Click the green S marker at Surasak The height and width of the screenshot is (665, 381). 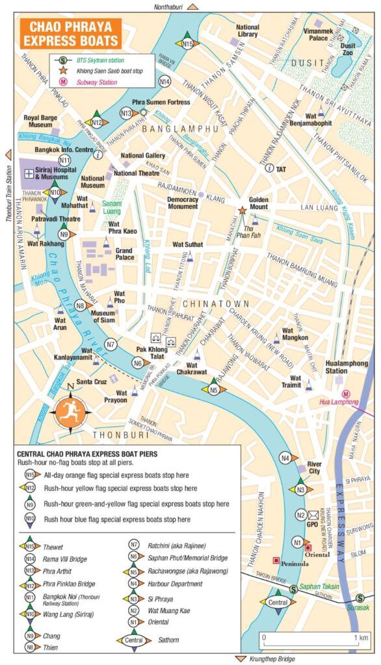pos(360,599)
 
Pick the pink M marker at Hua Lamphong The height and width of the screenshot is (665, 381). pos(347,393)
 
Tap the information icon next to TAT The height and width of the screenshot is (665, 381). pos(269,168)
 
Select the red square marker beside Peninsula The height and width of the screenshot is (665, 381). pos(276,560)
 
